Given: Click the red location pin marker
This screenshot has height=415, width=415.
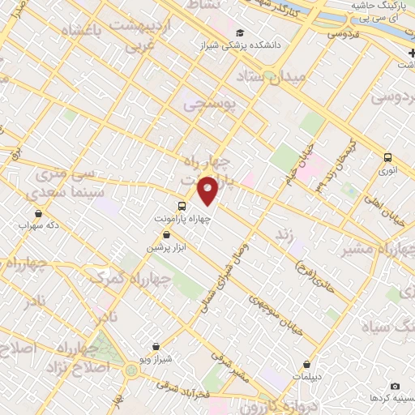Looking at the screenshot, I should (208, 190).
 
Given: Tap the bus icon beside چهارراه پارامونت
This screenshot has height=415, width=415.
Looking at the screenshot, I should (182, 206).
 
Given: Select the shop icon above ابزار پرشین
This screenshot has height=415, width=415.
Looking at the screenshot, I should (166, 234).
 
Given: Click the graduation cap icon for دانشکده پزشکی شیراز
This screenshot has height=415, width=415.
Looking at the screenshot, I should (240, 33).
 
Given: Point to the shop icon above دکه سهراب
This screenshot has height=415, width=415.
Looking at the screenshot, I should (37, 213).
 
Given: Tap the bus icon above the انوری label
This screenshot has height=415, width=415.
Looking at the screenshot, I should (387, 158).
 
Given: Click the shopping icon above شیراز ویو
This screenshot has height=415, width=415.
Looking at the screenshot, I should (156, 346).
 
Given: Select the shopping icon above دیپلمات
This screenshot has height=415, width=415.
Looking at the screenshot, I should (306, 365).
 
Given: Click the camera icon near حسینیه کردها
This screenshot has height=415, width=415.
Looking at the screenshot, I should (395, 387).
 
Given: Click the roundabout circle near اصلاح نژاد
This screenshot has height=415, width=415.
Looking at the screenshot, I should (131, 370).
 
